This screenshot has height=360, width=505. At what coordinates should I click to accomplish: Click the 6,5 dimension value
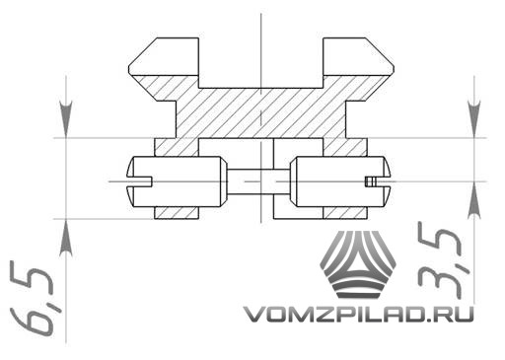click(x=32, y=300)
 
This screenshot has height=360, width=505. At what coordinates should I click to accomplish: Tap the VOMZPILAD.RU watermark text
click(x=358, y=314)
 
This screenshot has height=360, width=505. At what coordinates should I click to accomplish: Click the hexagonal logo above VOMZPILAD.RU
click(x=358, y=264)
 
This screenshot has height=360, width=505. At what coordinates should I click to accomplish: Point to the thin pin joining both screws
click(x=258, y=181)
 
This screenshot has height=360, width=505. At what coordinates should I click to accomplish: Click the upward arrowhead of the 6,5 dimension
click(x=66, y=237)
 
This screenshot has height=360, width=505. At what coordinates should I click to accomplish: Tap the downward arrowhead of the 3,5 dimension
click(x=474, y=120)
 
